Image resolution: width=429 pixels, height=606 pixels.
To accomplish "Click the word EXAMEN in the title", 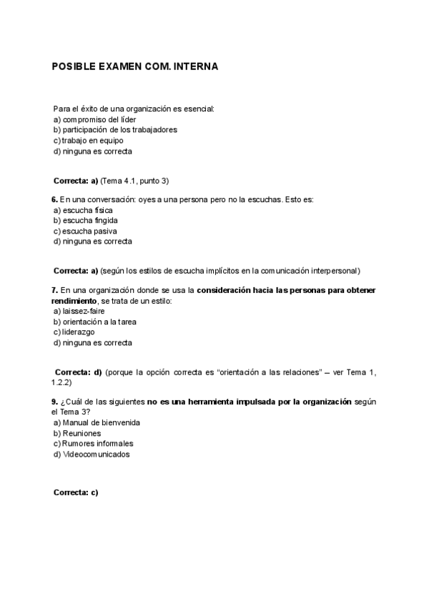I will [123, 66].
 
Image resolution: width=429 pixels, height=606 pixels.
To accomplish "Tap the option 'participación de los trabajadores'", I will [119, 130].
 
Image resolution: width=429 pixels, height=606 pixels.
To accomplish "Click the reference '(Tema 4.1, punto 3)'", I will [135, 180].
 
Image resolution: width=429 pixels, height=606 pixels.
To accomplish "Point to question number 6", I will [54, 199].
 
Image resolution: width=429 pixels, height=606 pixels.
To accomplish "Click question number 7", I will [54, 290].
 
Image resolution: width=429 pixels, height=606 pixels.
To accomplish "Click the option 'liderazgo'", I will [79, 332].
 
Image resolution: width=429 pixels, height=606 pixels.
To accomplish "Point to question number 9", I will [54, 402].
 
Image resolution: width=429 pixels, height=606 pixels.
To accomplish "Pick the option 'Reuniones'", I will [82, 433].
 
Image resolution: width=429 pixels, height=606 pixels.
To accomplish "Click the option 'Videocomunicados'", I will [96, 454].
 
